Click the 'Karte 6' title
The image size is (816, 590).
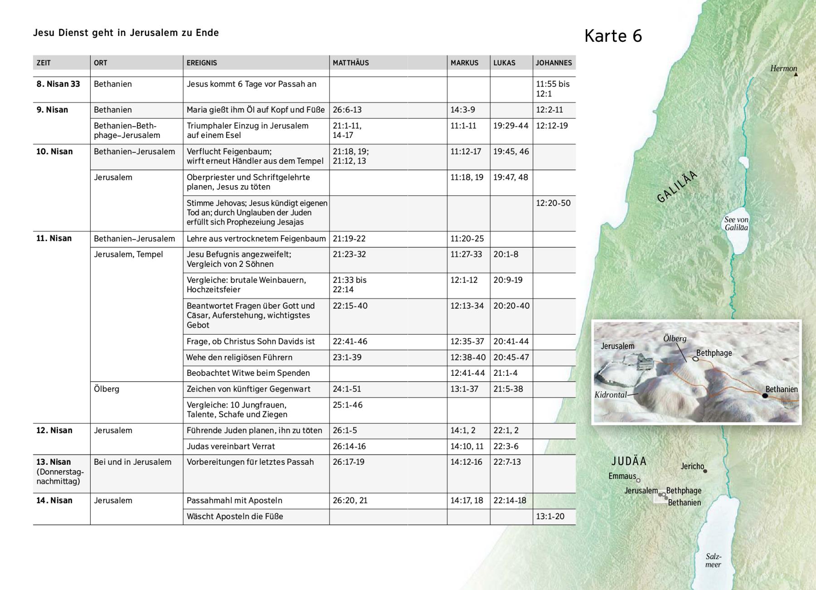pyautogui.click(x=613, y=36)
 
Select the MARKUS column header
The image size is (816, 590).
pyautogui.click(x=464, y=63)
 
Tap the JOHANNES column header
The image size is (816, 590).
pyautogui.click(x=554, y=63)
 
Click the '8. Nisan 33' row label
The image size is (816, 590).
pyautogui.click(x=58, y=84)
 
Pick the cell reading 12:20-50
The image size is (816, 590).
pyautogui.click(x=553, y=203)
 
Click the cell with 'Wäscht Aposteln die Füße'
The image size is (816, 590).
pyautogui.click(x=235, y=516)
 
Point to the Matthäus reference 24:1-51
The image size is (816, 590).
pyautogui.click(x=347, y=389)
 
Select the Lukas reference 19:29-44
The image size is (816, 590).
pyautogui.click(x=511, y=126)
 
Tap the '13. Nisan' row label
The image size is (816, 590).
pyautogui.click(x=53, y=462)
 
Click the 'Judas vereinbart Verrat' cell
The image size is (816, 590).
pyautogui.click(x=231, y=446)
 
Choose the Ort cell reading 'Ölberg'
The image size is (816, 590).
pyautogui.click(x=107, y=389)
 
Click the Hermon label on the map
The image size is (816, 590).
pyautogui.click(x=783, y=69)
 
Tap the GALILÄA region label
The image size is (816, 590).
pyautogui.click(x=677, y=187)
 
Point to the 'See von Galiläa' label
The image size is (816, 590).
pyautogui.click(x=736, y=224)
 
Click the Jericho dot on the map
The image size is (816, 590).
pyautogui.click(x=705, y=471)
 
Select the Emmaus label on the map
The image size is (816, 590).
pyautogui.click(x=622, y=476)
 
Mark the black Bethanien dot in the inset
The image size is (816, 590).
pyautogui.click(x=765, y=396)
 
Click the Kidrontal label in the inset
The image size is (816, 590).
pyautogui.click(x=611, y=395)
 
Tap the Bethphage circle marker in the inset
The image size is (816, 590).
pyautogui.click(x=696, y=359)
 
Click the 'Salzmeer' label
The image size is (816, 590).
pyautogui.click(x=713, y=561)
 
